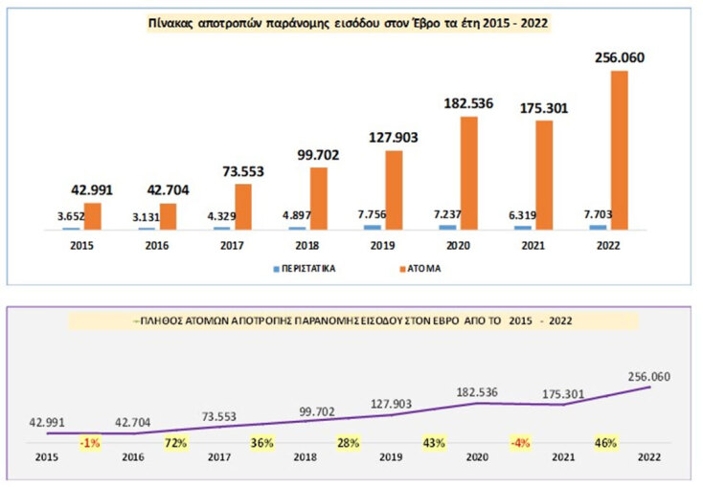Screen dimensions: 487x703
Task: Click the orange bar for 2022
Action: click(619, 150)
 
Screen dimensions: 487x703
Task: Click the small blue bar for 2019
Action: click(372, 227)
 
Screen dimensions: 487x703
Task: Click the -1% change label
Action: click(91, 443)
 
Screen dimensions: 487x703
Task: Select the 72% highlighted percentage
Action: click(174, 443)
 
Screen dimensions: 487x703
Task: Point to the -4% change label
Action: click(517, 443)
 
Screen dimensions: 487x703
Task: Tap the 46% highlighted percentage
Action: click(605, 443)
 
